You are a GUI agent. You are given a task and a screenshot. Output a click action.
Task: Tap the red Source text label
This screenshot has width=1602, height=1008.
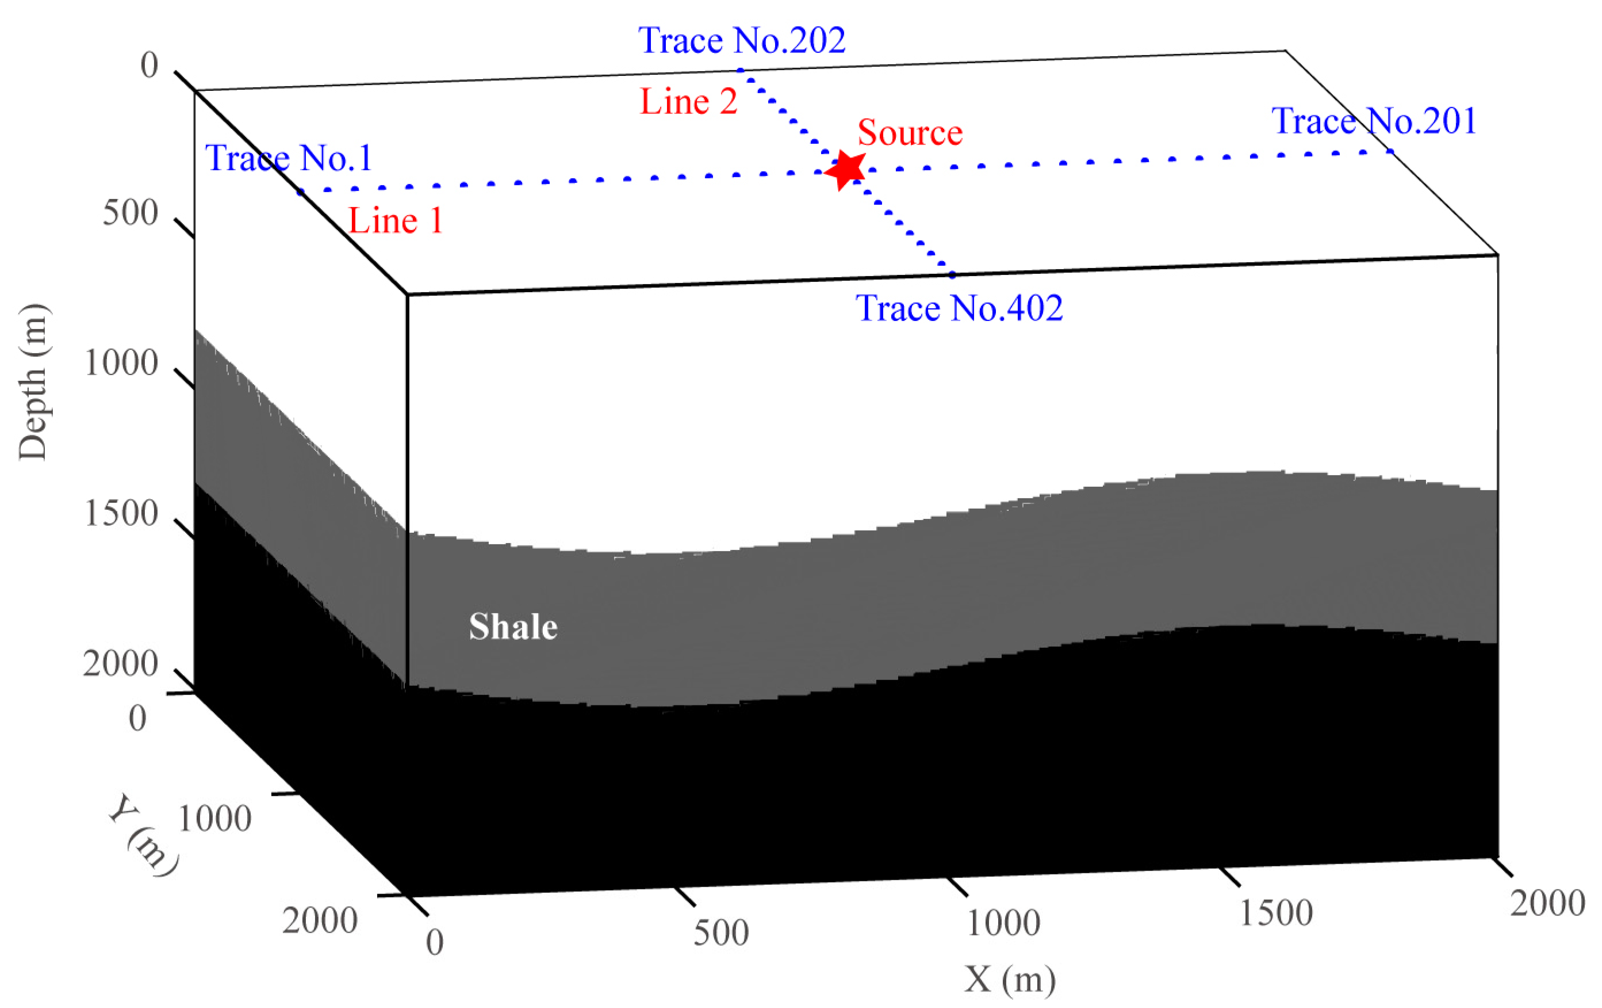910,132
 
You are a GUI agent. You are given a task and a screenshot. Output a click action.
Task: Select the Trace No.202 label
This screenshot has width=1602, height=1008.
742,41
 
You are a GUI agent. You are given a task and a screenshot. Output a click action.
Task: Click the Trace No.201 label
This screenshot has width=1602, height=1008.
1374,121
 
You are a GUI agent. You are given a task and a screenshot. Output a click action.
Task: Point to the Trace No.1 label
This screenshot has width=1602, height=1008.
288,158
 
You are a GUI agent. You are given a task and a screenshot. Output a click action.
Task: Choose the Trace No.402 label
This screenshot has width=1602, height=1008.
959,308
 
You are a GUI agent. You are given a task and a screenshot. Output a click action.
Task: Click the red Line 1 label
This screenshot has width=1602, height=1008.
396,221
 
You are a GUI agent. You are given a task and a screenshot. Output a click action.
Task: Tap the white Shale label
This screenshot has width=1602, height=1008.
513,627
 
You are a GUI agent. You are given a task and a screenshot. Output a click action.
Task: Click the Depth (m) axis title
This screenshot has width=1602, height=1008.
33,381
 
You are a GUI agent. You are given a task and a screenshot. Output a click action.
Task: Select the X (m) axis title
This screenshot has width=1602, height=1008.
1009,979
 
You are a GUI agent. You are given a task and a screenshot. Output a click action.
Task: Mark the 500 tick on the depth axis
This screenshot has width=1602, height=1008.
131,213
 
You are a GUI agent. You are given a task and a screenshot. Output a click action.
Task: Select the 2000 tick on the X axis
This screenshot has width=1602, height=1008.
1547,903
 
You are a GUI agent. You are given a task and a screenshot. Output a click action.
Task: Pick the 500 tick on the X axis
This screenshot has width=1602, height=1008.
720,933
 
